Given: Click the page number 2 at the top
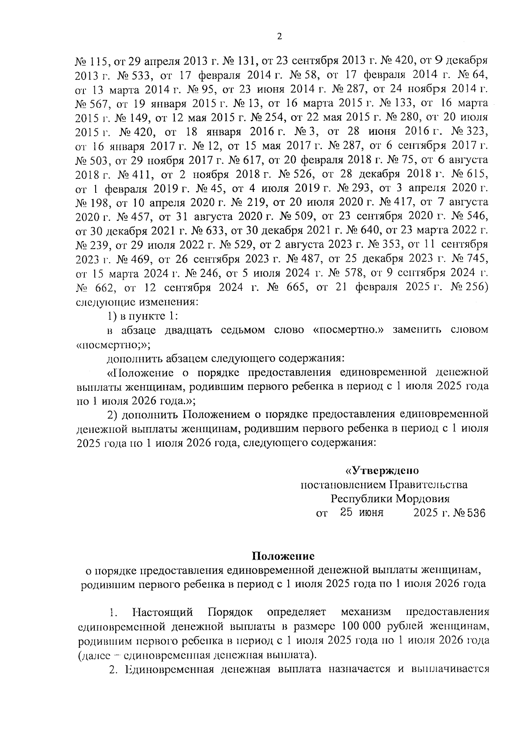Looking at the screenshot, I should pos(279,37).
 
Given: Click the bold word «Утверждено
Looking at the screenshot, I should pos(382,471).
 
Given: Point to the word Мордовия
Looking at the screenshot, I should pos(423,499).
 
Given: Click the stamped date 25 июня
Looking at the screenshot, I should pos(362,513).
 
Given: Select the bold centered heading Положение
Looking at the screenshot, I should pos(283,556).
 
